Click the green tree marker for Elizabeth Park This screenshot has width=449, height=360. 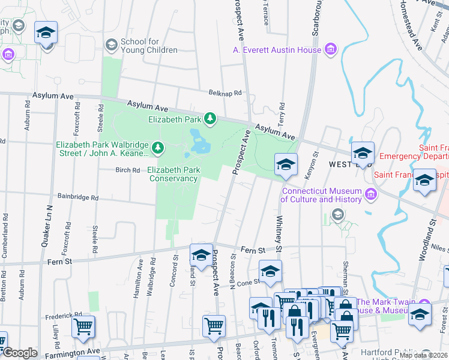(210, 119)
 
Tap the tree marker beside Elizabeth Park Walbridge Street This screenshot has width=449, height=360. (158, 147)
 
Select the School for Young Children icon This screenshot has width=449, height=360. (110, 45)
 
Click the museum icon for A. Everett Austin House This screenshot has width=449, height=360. (330, 50)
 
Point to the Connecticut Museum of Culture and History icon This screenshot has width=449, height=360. (371, 194)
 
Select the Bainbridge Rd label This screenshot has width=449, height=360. (77, 197)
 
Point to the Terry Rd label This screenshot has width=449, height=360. (280, 113)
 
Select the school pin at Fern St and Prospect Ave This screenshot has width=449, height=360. (201, 256)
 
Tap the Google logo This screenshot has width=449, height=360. (20, 353)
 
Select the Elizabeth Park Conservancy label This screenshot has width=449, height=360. (173, 174)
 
